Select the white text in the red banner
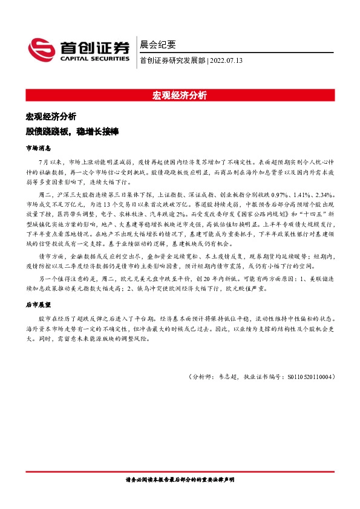[180, 96]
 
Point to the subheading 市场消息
[38, 148]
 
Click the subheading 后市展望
[38, 306]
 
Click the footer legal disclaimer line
[180, 479]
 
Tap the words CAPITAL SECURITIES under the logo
[93, 59]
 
